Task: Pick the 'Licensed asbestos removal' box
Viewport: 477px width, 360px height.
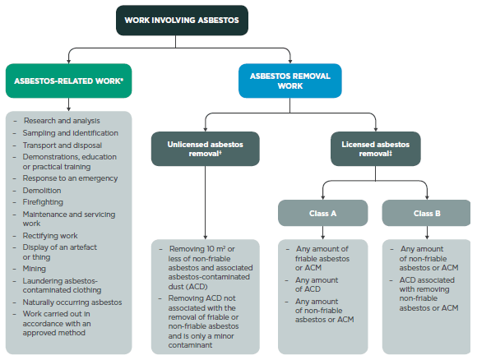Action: (x=375, y=148)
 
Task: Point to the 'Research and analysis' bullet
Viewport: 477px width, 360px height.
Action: (x=62, y=121)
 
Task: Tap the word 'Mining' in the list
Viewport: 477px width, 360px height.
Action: (x=35, y=268)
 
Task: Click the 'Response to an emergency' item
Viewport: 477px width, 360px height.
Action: (x=70, y=178)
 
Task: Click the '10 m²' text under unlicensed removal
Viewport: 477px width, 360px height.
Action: (x=218, y=248)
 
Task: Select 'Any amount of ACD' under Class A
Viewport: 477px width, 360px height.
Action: (x=317, y=284)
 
